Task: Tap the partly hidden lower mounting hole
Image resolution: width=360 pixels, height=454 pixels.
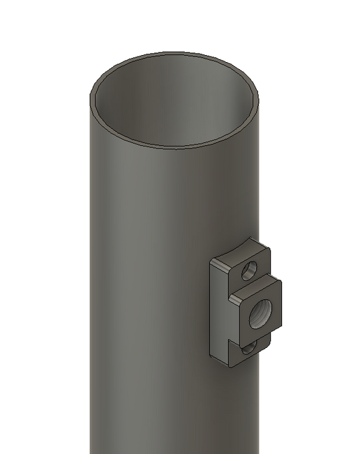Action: click(250, 347)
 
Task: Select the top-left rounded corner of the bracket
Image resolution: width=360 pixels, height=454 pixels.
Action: click(213, 259)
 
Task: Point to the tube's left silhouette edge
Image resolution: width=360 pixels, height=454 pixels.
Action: click(91, 279)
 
